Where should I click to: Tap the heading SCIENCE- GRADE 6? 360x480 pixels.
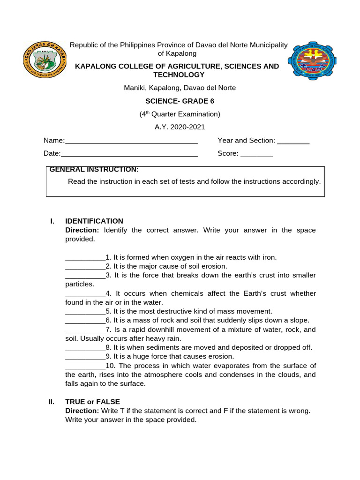click(x=180, y=101)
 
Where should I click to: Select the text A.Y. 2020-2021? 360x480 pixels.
click(x=180, y=127)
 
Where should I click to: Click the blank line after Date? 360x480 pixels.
click(x=129, y=154)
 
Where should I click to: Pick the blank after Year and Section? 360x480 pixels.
click(x=293, y=141)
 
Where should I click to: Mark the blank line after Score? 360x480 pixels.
click(x=256, y=154)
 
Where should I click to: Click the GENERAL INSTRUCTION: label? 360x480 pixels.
click(x=94, y=169)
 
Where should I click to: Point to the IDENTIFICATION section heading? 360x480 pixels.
click(x=94, y=221)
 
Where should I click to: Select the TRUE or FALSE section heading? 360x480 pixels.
click(x=92, y=402)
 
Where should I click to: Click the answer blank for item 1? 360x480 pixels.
click(x=85, y=257)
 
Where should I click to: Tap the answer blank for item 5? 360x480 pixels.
click(x=85, y=311)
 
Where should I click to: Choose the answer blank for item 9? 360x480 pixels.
click(x=85, y=356)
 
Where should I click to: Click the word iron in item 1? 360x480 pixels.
click(x=269, y=257)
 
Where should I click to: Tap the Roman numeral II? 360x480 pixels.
click(x=52, y=402)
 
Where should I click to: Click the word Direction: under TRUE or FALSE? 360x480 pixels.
click(x=82, y=411)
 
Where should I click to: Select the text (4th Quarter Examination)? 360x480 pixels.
click(x=180, y=114)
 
